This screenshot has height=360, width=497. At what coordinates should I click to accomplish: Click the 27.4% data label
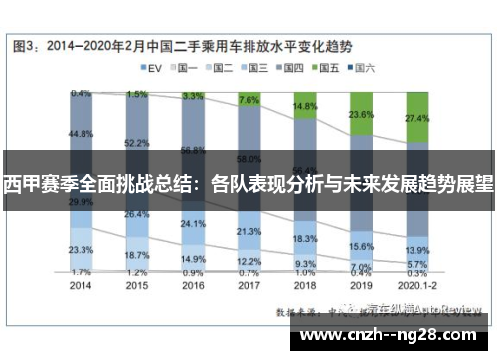click(x=416, y=117)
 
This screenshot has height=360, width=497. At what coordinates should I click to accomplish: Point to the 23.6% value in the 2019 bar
click(x=362, y=115)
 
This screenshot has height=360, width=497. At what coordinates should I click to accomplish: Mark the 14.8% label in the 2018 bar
click(x=305, y=106)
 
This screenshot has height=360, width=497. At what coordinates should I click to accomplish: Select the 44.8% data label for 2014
click(x=83, y=134)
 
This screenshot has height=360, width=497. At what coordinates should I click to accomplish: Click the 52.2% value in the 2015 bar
click(x=138, y=143)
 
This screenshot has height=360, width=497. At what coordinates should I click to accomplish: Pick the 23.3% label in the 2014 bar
click(x=83, y=249)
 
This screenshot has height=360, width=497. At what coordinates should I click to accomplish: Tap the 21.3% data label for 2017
click(x=249, y=231)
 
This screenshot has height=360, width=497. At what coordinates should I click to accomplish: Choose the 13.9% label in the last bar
click(x=417, y=250)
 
